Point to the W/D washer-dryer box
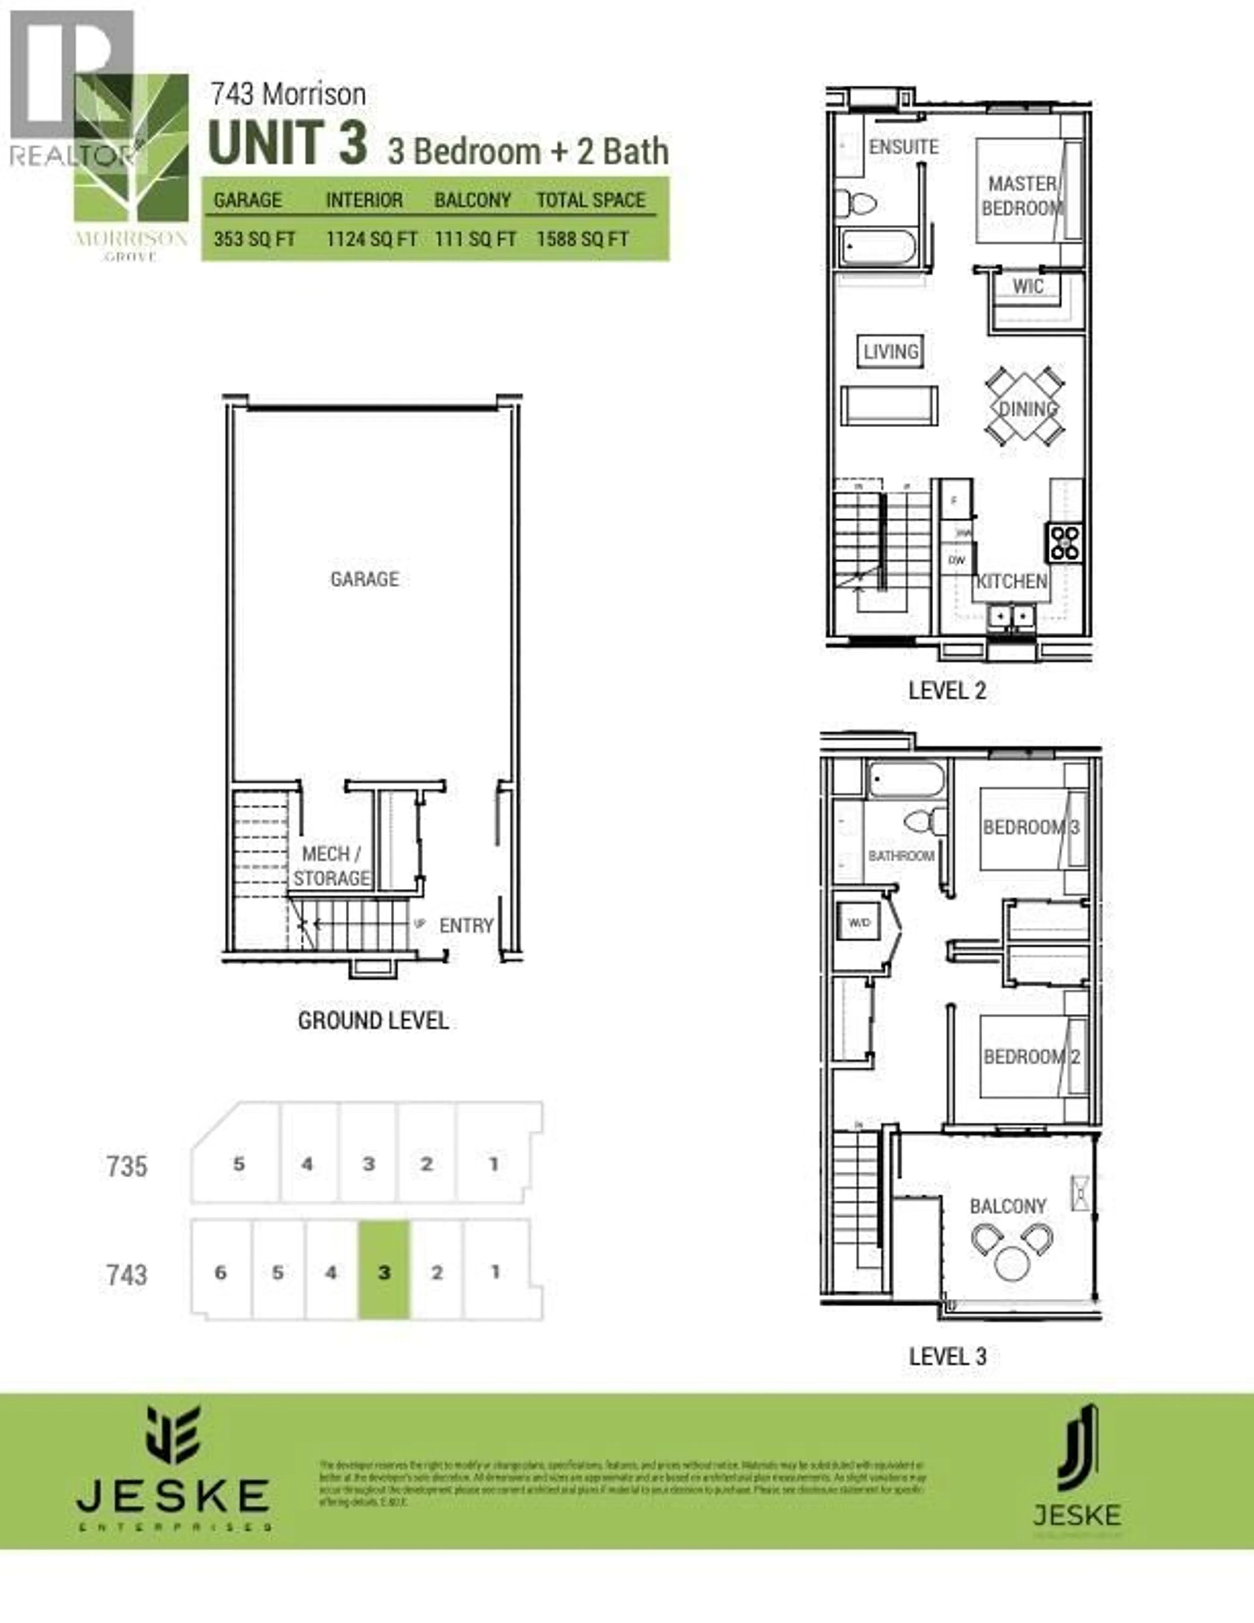pyautogui.click(x=859, y=922)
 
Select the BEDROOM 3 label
pyautogui.click(x=1030, y=827)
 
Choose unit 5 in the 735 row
pyautogui.click(x=238, y=1164)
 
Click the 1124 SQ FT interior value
pyautogui.click(x=371, y=239)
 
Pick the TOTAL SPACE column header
pyautogui.click(x=591, y=200)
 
